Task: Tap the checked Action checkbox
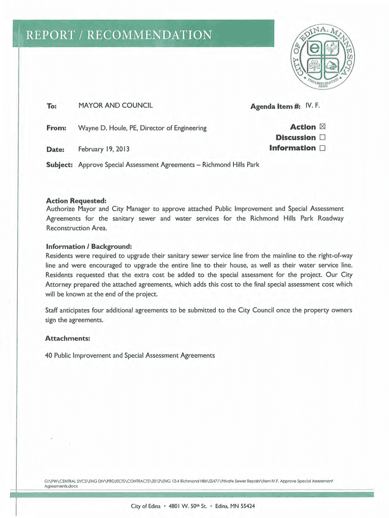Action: click(322, 127)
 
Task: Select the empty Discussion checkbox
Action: click(322, 138)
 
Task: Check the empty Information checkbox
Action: click(322, 148)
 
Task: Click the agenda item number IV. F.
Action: click(313, 105)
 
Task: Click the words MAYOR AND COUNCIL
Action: click(115, 106)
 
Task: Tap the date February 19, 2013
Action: click(104, 150)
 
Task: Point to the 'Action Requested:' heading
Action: click(76, 200)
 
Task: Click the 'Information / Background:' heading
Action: click(88, 246)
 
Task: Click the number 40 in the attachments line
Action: click(49, 356)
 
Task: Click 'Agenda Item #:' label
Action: click(275, 106)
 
